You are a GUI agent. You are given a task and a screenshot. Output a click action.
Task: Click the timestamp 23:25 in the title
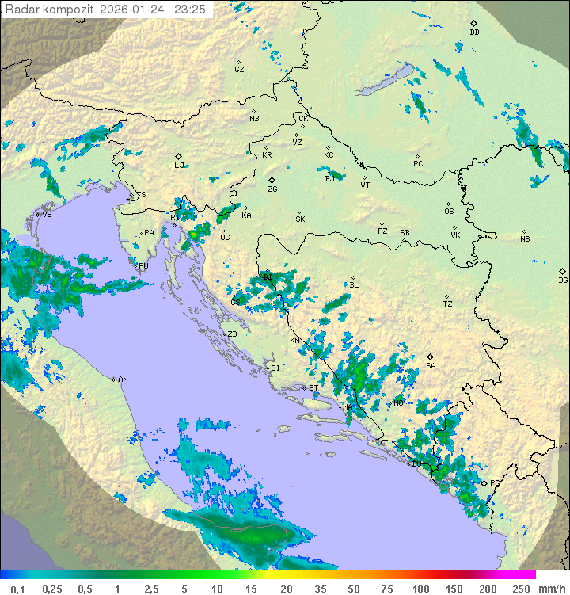tap(190, 10)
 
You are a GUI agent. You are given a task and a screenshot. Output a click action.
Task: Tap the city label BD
tap(474, 32)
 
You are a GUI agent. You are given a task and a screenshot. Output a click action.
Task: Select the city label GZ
tap(239, 69)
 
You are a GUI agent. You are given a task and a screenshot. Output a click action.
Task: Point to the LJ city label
tap(179, 166)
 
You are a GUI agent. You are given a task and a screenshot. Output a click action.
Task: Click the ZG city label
tap(272, 189)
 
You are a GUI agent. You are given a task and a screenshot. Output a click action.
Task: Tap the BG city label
tap(563, 280)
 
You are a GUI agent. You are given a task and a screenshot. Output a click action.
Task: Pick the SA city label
tap(431, 366)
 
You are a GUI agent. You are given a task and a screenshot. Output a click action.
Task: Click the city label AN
tap(123, 380)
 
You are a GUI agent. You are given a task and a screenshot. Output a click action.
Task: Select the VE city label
tap(47, 215)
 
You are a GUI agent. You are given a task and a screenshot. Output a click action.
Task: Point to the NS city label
tap(525, 239)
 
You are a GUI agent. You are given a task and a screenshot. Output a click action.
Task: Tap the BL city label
tap(354, 285)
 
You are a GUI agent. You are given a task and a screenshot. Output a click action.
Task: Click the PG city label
tap(496, 482)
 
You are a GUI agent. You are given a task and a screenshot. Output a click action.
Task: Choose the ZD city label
tap(232, 334)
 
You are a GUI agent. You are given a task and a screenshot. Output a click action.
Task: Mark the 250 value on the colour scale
tap(520, 589)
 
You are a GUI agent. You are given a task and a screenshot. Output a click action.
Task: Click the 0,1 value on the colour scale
tap(17, 589)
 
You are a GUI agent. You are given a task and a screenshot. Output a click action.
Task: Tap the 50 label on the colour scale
tap(353, 589)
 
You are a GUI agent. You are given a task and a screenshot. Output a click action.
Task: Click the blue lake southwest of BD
tap(388, 80)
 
